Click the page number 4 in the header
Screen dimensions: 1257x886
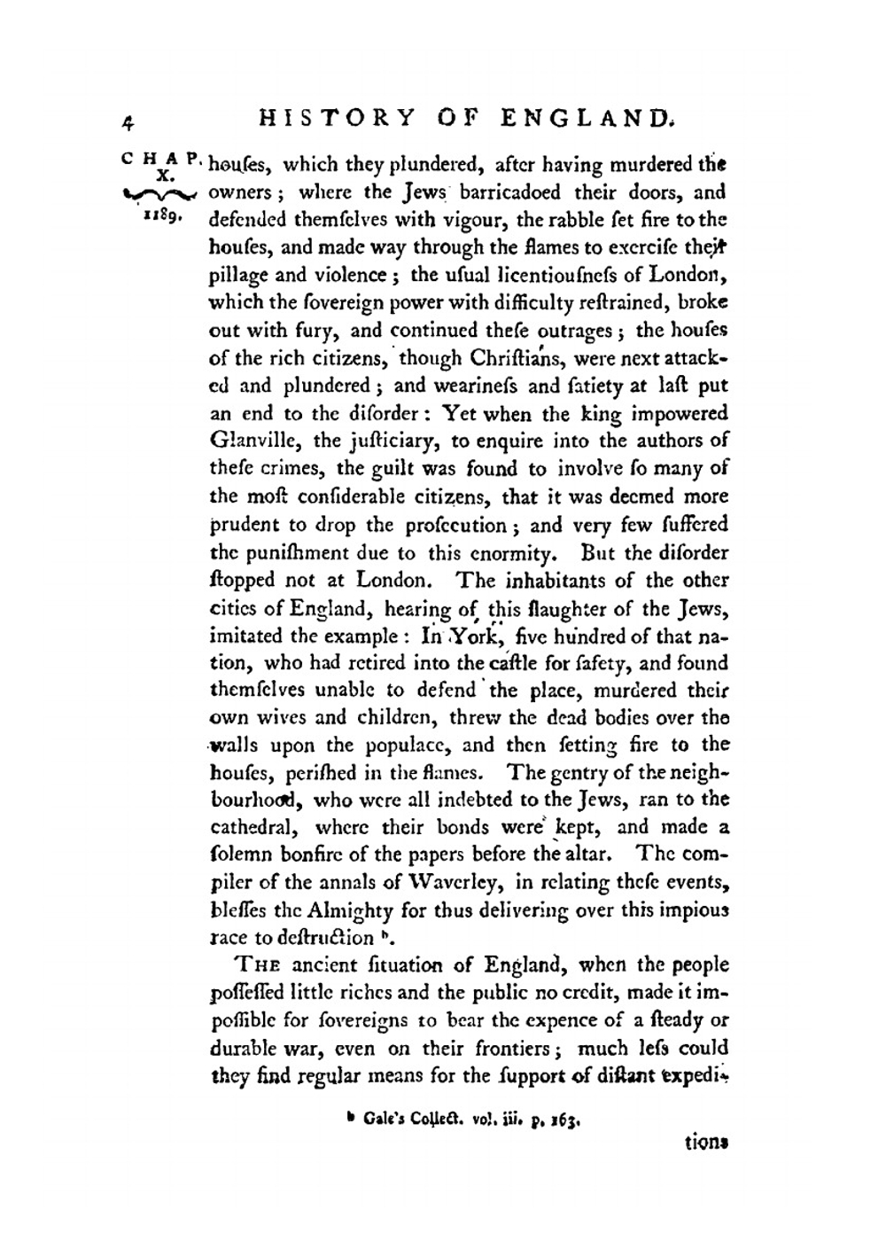click(x=130, y=121)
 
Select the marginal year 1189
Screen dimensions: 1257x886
click(x=159, y=216)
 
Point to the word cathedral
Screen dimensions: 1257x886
click(x=251, y=828)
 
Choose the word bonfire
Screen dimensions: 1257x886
click(x=309, y=855)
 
